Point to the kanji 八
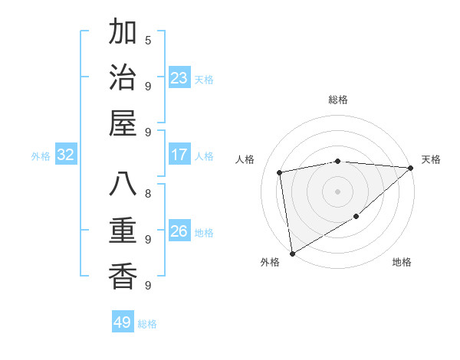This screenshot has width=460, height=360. pyautogui.click(x=123, y=185)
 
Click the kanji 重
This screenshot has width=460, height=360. pyautogui.click(x=123, y=231)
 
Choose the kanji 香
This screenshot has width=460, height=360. pyautogui.click(x=123, y=276)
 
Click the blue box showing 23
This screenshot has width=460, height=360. pyautogui.click(x=179, y=78)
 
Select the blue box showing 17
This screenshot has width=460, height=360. pyautogui.click(x=179, y=155)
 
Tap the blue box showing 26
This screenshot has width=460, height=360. pyautogui.click(x=179, y=231)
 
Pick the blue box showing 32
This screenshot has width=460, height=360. pyautogui.click(x=66, y=155)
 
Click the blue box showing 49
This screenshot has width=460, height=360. pyautogui.click(x=123, y=322)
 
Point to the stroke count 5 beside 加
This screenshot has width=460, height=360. pyautogui.click(x=148, y=40)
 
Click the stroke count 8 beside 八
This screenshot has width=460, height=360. pyautogui.click(x=148, y=193)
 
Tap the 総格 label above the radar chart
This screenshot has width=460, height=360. pyautogui.click(x=338, y=100)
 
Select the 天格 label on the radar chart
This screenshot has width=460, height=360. pyautogui.click(x=431, y=159)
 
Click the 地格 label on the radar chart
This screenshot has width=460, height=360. pyautogui.click(x=402, y=262)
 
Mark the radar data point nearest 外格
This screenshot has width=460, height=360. pyautogui.click(x=292, y=253)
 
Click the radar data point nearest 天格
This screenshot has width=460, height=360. pyautogui.click(x=411, y=168)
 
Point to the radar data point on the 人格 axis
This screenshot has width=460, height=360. pyautogui.click(x=280, y=172)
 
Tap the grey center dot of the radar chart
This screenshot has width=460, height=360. pyautogui.click(x=338, y=191)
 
